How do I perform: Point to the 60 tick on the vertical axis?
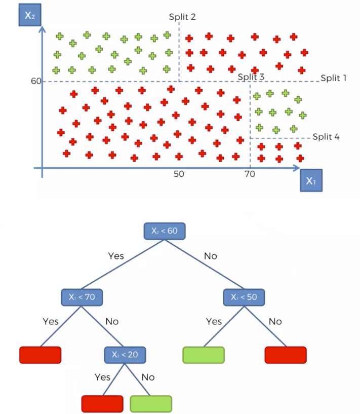[35, 81]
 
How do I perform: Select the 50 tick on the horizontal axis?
[179, 174]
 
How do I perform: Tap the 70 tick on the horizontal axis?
[249, 174]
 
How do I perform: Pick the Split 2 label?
[182, 17]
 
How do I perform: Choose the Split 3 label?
[251, 77]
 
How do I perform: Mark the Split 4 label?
[326, 136]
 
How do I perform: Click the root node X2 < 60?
[165, 231]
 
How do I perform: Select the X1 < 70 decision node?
[82, 297]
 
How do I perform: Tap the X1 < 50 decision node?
[245, 297]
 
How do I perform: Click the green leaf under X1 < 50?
[203, 355]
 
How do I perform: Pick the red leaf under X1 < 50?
[285, 355]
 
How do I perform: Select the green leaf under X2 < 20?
[150, 403]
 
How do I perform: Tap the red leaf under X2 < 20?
[102, 403]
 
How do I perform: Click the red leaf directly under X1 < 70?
[40, 355]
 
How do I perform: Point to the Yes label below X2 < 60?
[115, 256]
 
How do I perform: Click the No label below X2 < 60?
[211, 256]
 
